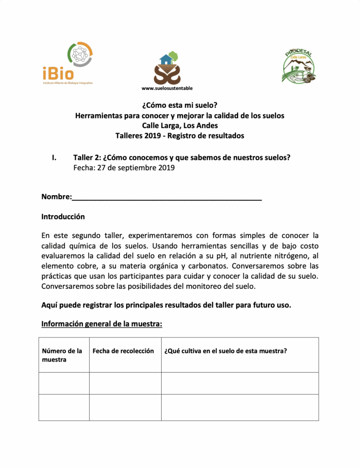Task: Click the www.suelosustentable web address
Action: coord(167,88)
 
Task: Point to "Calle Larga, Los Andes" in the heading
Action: coord(180,125)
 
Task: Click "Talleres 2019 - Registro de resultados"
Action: coord(180,135)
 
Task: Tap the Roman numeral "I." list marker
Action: coord(54,158)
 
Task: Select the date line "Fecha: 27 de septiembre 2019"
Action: coord(124,168)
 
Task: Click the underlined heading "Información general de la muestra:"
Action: coord(102,324)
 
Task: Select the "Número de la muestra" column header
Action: coord(62,355)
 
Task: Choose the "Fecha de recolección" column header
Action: coord(123,351)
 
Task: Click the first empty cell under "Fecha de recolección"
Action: coord(125,383)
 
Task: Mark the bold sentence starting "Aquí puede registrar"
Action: coord(166,305)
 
